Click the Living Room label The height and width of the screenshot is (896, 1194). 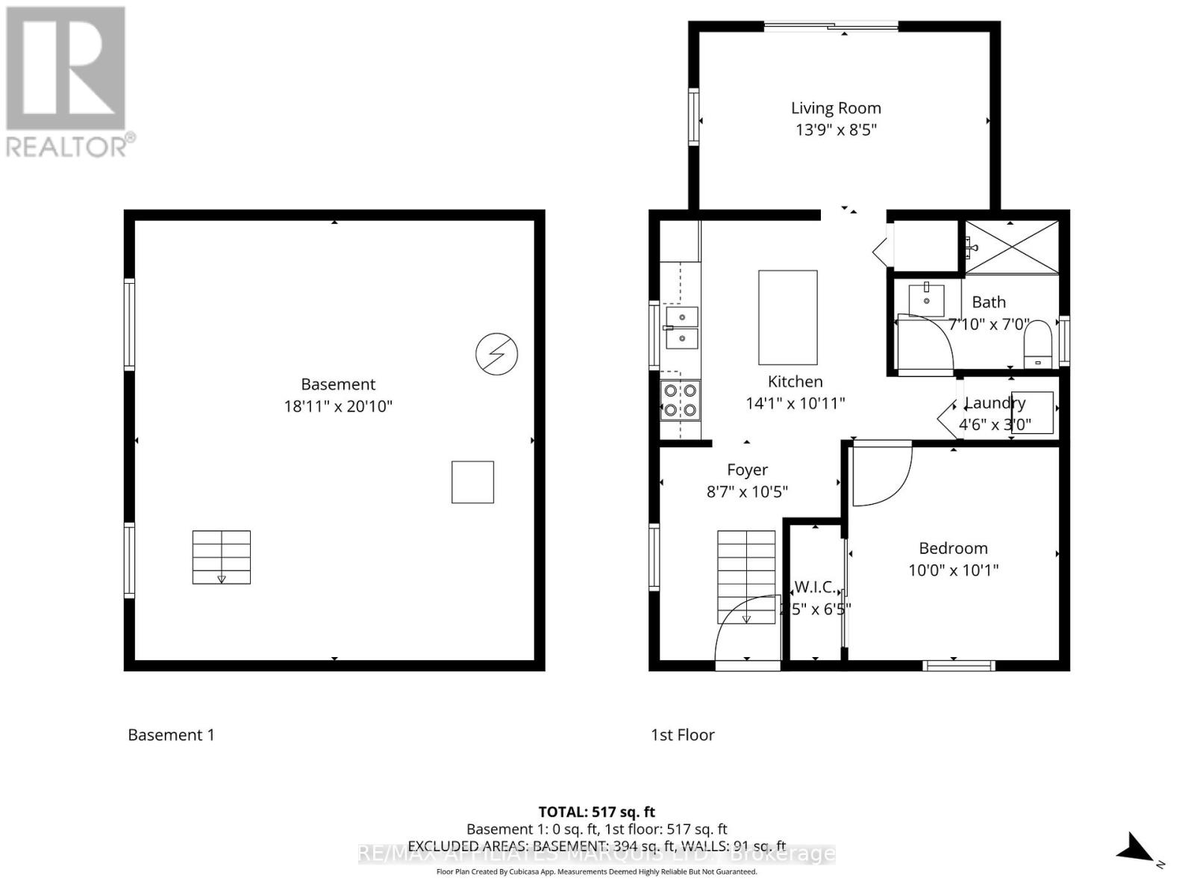836,108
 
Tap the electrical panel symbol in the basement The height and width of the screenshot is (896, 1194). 497,354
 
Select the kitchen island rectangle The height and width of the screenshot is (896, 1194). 787,317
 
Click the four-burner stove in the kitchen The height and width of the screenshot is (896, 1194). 680,400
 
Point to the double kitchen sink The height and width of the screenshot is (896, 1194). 681,328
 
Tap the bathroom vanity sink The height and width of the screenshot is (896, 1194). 926,299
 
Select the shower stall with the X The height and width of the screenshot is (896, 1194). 1012,247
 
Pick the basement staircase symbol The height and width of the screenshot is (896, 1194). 222,557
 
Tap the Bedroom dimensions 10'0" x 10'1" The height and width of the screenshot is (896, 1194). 953,570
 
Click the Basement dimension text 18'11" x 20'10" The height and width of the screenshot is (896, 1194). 338,407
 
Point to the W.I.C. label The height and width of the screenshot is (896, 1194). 814,587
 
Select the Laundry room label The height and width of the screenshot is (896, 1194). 995,403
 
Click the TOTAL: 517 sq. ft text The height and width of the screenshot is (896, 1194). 596,812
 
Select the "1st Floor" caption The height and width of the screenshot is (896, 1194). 682,735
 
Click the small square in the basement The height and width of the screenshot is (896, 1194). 472,482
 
